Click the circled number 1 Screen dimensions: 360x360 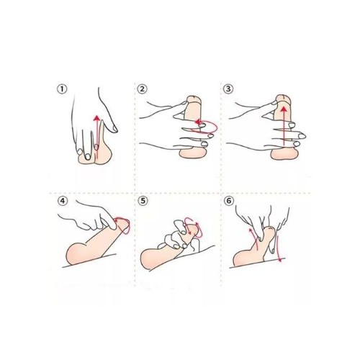pos(62,89)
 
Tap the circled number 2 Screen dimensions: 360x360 pos(142,89)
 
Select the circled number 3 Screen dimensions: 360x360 pos(228,89)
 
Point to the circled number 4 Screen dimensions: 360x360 pos(63,201)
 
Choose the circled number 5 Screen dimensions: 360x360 pos(143,201)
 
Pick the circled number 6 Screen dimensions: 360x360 pos(229,201)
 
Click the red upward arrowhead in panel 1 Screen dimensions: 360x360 pos(96,118)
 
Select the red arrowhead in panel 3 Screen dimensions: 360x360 pos(284,110)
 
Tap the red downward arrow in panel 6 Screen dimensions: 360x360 pos(278,248)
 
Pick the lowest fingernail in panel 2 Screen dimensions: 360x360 pos(204,144)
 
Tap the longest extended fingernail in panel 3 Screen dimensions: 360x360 pos(301,136)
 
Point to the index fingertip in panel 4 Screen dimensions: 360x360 pos(113,225)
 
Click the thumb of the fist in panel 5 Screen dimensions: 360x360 pos(179,225)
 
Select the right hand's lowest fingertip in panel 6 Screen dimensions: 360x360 pos(273,251)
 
